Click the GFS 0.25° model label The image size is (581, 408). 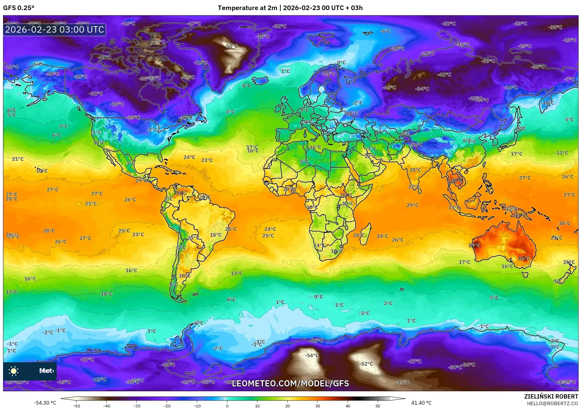19,8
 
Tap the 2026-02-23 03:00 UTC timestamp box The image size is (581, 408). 55,30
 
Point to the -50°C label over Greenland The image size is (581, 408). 231,46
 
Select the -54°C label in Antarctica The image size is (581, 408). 312,356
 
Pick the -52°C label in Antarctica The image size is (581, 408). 366,364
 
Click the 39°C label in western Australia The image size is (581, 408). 474,245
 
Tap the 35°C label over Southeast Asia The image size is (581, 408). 456,181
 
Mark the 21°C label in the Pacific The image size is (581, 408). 18,159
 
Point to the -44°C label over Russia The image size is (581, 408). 389,88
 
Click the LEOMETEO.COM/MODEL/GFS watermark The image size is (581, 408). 290,383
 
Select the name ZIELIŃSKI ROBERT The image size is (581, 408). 551,396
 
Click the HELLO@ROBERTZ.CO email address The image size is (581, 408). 552,403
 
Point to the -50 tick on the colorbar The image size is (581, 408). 76,406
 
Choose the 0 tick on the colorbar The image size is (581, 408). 227,406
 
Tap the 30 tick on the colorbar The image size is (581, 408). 317,406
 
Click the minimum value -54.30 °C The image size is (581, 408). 45,403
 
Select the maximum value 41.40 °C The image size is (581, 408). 421,403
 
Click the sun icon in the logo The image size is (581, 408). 14,371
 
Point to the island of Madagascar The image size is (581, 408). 366,233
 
